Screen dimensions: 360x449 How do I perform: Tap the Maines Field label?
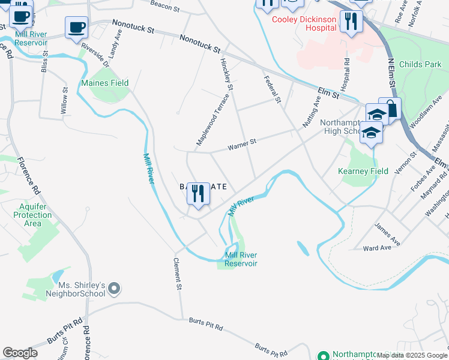(x=105, y=83)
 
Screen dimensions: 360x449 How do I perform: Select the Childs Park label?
(x=420, y=64)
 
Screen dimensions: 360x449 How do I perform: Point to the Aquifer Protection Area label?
(x=32, y=215)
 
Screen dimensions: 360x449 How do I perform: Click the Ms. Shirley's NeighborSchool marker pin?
(x=114, y=289)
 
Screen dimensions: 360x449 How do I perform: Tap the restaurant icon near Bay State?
(x=198, y=194)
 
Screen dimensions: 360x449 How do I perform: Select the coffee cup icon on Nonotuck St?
(x=76, y=28)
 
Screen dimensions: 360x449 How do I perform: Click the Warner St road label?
(x=242, y=145)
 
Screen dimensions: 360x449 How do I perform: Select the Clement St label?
(x=178, y=275)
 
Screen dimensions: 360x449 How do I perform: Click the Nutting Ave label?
(x=311, y=111)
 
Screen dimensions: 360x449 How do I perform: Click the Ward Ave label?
(x=378, y=247)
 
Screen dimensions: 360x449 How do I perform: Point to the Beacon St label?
(x=165, y=7)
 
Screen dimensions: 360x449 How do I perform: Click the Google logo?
(x=20, y=353)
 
